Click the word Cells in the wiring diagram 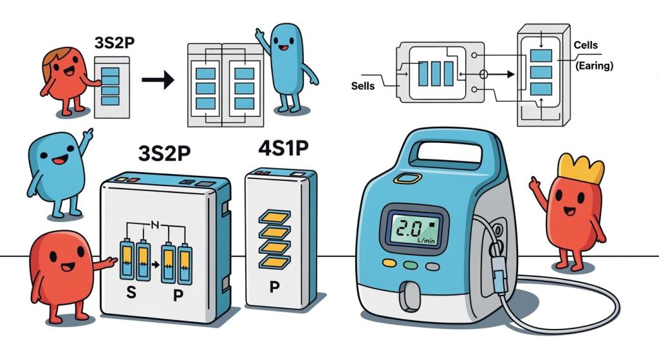pyautogui.click(x=585, y=46)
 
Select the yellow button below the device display pyautogui.click(x=390, y=263)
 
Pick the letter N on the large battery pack pyautogui.click(x=154, y=225)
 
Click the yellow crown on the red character pyautogui.click(x=580, y=168)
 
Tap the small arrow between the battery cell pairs pyautogui.click(x=154, y=263)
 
